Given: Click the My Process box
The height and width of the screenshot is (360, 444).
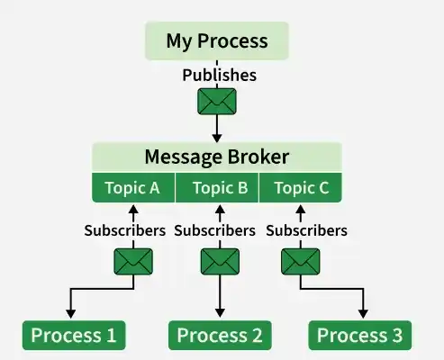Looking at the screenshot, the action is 217,40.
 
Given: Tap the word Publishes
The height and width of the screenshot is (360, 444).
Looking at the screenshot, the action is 220,75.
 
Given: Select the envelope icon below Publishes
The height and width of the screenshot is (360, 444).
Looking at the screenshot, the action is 217,102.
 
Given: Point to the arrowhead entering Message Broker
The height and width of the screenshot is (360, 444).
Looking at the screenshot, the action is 217,139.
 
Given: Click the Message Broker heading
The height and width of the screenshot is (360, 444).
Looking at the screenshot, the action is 217,157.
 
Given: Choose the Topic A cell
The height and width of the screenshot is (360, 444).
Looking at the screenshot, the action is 133,188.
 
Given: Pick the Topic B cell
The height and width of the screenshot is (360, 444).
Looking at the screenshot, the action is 217,188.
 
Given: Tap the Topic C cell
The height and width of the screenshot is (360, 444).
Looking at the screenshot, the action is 301,188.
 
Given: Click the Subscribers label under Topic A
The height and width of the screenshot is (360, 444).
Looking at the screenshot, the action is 125,230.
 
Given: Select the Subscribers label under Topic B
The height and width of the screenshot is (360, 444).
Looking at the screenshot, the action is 215,230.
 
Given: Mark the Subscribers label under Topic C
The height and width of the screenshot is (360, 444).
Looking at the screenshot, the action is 306,230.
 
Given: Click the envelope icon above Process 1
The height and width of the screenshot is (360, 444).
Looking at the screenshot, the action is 133,262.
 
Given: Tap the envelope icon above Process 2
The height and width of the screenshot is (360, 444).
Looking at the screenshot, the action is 220,262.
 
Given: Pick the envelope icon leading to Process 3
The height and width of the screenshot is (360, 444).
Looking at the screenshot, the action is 301,262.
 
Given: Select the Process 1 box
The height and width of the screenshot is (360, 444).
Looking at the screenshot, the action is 74,335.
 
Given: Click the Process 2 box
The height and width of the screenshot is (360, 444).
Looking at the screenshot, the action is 220,335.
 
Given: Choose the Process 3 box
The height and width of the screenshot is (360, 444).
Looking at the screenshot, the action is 360,335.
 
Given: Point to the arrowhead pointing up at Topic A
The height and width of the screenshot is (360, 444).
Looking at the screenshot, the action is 133,209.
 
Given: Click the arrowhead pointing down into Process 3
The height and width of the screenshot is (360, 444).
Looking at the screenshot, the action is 363,314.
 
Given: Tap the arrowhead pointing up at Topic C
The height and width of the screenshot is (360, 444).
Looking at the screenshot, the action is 301,209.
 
